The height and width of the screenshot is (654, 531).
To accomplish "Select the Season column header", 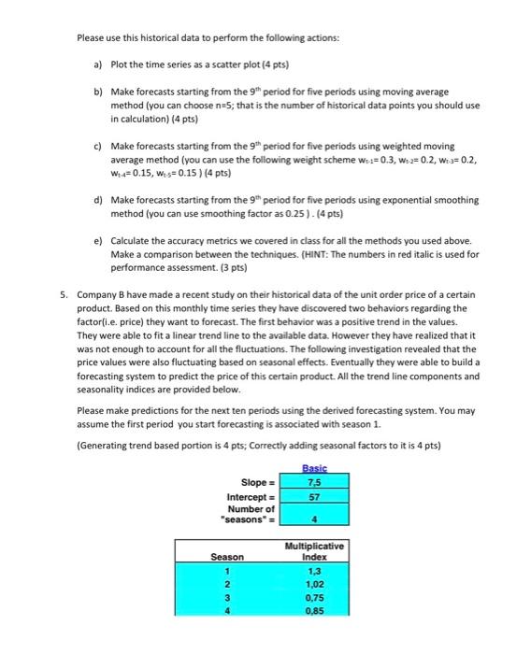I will [x=227, y=558].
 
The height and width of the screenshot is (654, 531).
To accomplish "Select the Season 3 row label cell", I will [x=227, y=600].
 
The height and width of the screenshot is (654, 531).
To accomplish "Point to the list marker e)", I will [x=98, y=241].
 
